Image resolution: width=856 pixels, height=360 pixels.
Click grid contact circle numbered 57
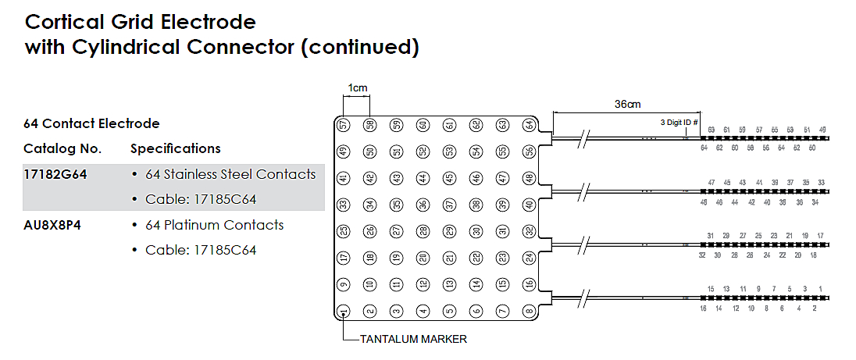click(x=344, y=125)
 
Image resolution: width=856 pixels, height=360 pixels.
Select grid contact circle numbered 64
click(x=530, y=125)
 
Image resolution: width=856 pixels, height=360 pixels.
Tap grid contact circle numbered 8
click(x=530, y=312)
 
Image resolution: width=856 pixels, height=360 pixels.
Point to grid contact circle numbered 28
click(x=423, y=231)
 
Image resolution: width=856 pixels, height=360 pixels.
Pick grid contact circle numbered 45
click(x=450, y=178)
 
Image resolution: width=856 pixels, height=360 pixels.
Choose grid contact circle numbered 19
click(x=397, y=258)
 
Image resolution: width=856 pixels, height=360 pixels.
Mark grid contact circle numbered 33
click(x=344, y=205)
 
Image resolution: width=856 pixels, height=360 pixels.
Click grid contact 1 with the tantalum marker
click(x=344, y=312)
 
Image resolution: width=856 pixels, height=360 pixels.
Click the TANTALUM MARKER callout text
click(x=413, y=340)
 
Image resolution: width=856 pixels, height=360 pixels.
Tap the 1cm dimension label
click(x=357, y=88)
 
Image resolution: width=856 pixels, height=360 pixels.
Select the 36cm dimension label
click(x=627, y=104)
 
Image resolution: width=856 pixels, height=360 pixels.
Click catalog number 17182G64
click(x=55, y=174)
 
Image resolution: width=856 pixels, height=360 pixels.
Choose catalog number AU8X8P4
click(x=54, y=225)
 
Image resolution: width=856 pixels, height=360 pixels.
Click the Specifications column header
click(x=176, y=148)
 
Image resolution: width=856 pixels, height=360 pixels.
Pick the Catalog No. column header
click(x=62, y=148)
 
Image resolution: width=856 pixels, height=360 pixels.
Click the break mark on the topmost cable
click(x=587, y=138)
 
